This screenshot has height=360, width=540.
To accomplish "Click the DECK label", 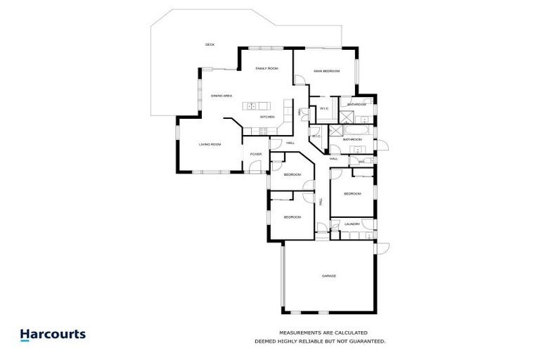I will click(210, 44).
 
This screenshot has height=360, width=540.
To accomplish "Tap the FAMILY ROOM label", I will click(267, 68).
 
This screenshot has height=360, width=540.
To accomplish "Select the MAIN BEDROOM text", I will click(327, 72).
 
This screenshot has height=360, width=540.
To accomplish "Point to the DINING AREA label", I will click(221, 96).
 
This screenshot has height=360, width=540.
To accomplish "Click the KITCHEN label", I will click(267, 117).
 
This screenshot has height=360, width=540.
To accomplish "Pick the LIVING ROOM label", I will click(210, 145).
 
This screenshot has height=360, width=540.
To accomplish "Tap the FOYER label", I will click(255, 154).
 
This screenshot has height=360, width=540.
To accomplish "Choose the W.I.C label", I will click(325, 108).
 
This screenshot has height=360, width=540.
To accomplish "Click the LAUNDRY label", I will click(352, 224).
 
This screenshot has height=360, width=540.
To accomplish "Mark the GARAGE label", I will click(328, 276).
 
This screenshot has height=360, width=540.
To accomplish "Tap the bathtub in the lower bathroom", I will click(352, 131).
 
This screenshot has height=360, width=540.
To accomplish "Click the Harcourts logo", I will click(53, 335).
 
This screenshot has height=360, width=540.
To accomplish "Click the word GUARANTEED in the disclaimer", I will click(366, 341).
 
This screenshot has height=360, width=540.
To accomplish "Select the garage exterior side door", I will click(382, 248).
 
